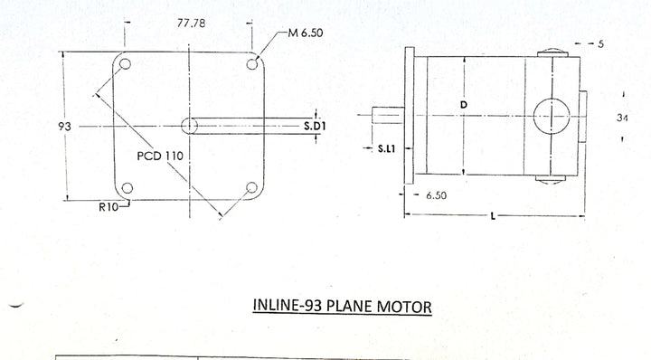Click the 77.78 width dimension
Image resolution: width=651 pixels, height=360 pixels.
click(x=191, y=23)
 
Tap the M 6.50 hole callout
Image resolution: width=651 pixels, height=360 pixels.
click(x=306, y=33)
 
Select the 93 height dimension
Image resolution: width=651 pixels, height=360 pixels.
click(x=65, y=127)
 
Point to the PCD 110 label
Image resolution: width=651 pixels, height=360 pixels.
click(x=160, y=156)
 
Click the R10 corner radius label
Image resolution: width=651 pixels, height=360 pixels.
click(x=108, y=207)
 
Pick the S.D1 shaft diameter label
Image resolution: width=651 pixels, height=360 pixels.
click(x=315, y=126)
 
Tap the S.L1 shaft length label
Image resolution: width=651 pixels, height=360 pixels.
click(x=387, y=148)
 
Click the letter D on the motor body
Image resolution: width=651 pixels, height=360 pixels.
click(x=464, y=105)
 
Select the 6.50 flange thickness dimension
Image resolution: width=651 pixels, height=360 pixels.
click(x=437, y=195)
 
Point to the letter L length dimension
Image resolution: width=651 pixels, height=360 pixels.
click(x=493, y=216)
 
